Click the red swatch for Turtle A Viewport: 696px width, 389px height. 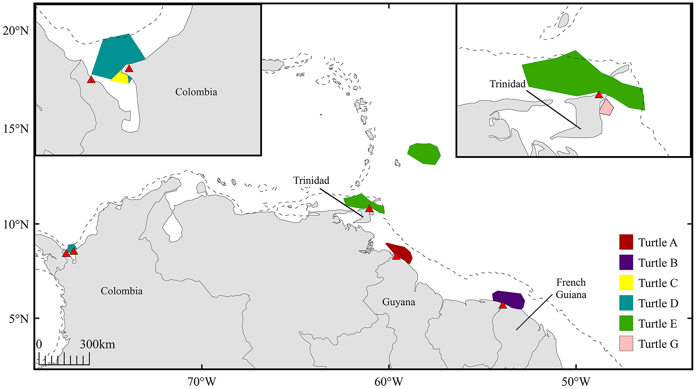(x=626, y=242)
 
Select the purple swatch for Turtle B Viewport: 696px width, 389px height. (x=626, y=262)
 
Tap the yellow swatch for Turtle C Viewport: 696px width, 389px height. (x=626, y=282)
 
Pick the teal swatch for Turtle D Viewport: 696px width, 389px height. (x=626, y=303)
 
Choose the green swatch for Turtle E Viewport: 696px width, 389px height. (x=626, y=323)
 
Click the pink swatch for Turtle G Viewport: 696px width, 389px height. (x=626, y=344)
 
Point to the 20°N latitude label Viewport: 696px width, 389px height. (x=16, y=31)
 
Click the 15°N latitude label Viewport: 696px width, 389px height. (x=16, y=129)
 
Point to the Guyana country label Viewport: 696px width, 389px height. (x=398, y=302)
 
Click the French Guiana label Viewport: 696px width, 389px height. (x=571, y=288)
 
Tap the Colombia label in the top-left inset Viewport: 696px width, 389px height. (x=196, y=92)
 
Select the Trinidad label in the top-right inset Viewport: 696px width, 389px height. (x=507, y=84)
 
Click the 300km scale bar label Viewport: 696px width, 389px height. (x=98, y=345)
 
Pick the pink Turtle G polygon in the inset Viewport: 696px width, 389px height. (x=606, y=108)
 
